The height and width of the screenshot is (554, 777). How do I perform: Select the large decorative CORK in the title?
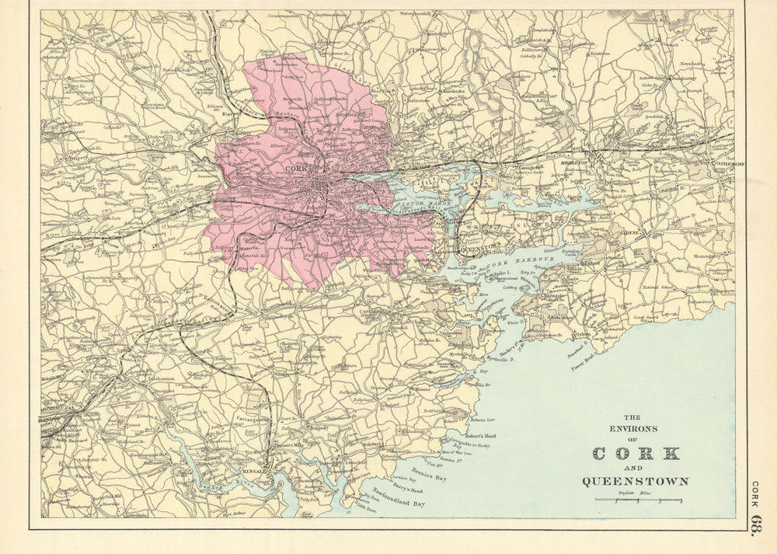(x=636, y=454)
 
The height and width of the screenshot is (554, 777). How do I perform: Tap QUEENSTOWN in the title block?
(x=636, y=481)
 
